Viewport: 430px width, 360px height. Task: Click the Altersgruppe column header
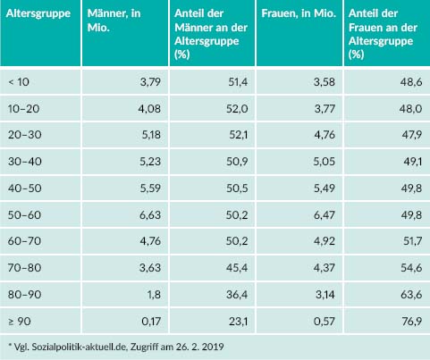click(38, 14)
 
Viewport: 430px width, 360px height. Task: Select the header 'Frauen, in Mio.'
click(299, 13)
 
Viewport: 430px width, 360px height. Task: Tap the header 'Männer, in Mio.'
click(114, 21)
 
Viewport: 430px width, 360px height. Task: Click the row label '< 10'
click(19, 82)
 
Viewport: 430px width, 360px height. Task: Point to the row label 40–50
click(25, 188)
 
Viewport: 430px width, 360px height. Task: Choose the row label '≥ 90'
click(20, 322)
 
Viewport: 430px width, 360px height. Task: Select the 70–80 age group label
click(25, 268)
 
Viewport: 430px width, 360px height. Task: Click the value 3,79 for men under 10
click(150, 82)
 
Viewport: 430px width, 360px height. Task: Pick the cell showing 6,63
click(150, 215)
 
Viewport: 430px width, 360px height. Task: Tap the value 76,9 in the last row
click(411, 322)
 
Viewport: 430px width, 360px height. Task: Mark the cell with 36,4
click(237, 295)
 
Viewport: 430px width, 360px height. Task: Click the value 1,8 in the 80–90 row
click(154, 295)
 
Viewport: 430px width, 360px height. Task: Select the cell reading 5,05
click(325, 162)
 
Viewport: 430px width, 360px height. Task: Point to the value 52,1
click(239, 135)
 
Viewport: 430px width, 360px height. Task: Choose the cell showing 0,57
click(325, 322)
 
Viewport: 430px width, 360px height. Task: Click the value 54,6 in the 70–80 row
click(411, 268)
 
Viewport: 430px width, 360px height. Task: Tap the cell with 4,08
click(149, 109)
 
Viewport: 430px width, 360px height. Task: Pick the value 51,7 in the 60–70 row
click(412, 241)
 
